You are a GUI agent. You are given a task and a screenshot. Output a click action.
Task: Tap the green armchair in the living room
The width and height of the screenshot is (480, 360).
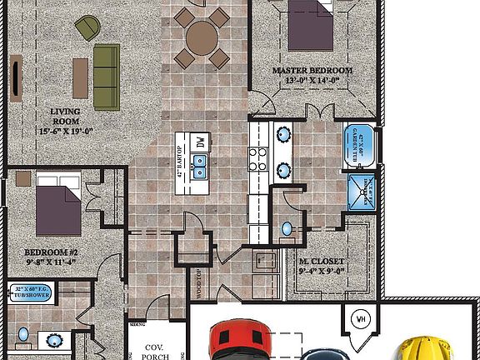[86, 29]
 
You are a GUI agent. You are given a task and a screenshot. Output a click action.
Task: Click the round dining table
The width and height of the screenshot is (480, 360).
[202, 37]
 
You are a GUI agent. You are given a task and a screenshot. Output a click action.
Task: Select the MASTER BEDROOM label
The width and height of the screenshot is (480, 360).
[312, 76]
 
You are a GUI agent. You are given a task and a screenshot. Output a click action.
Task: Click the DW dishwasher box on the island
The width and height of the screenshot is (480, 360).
[201, 143]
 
